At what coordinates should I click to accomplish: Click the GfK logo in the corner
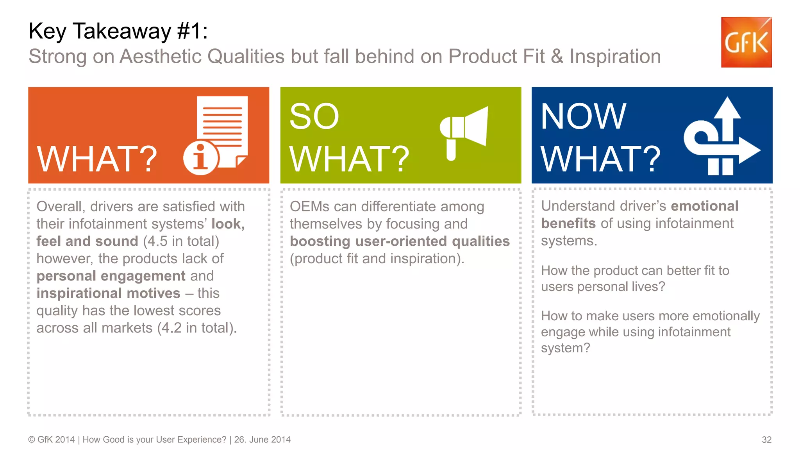746,42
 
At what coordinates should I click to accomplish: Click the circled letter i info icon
201,157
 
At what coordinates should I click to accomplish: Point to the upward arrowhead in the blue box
727,109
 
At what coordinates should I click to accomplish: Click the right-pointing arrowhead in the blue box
748,150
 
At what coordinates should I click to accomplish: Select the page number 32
766,439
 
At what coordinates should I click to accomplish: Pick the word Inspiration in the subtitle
615,57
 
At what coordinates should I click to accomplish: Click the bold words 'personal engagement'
111,276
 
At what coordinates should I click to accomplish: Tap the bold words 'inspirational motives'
108,293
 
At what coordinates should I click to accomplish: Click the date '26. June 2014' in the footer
262,439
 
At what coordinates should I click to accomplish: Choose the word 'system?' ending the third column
565,348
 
